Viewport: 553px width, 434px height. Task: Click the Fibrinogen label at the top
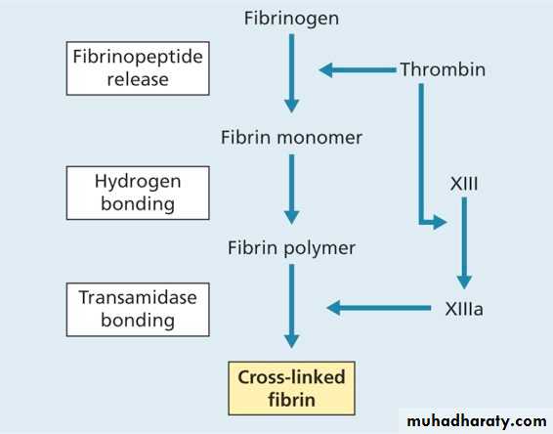tap(292, 19)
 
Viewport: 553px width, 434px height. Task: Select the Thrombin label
tap(443, 69)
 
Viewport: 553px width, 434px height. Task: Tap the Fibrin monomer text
tap(292, 137)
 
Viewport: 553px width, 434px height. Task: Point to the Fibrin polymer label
tap(292, 248)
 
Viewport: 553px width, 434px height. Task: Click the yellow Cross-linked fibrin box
tap(292, 388)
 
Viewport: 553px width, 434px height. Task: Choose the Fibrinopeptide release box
tap(138, 68)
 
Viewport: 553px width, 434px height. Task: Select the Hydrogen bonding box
tap(138, 193)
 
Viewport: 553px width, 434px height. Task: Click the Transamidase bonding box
tap(138, 310)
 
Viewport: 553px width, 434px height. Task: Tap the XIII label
tap(464, 184)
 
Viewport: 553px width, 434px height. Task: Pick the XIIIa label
tap(464, 309)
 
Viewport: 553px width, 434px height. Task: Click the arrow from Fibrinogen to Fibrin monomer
tap(292, 73)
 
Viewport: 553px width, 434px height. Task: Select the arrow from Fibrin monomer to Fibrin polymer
tap(292, 189)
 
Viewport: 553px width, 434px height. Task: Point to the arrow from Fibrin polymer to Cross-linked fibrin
tap(292, 306)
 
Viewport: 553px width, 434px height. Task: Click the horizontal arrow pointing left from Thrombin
tap(358, 69)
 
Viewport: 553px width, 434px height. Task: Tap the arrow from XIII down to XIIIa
tap(464, 243)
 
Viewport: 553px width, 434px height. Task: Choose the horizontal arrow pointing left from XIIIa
tap(379, 308)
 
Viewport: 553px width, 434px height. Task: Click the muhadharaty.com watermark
tap(477, 421)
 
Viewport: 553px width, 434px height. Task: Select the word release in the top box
tap(138, 79)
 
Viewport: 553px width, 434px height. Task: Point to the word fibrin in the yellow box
tap(292, 400)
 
